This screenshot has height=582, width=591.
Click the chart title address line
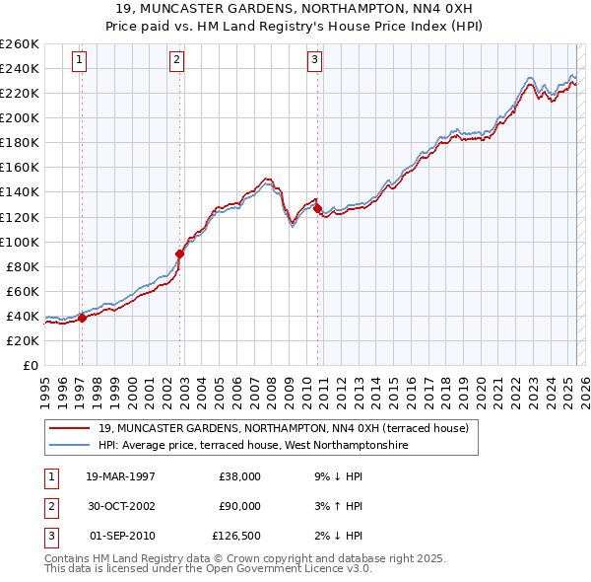coord(295,8)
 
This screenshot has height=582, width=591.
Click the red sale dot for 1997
coord(82,318)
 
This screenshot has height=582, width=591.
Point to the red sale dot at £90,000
coord(180,254)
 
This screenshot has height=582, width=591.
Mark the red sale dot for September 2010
coord(317,208)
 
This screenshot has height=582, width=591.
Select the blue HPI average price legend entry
coord(252,445)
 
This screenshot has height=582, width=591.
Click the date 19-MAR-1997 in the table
coord(120,476)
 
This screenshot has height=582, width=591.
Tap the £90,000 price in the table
coord(239,506)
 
